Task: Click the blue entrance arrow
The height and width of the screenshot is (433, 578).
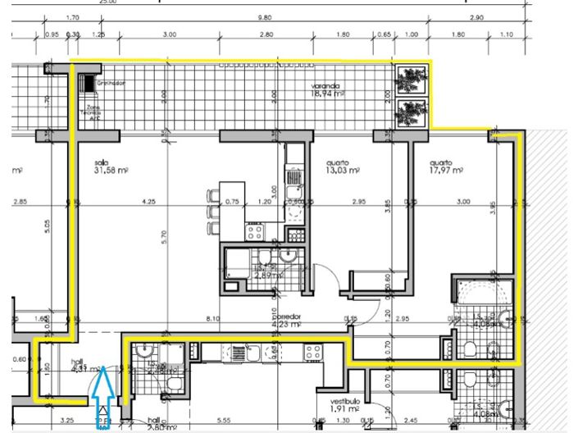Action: pyautogui.click(x=103, y=397)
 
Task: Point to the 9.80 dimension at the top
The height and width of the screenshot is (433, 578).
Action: pyautogui.click(x=264, y=17)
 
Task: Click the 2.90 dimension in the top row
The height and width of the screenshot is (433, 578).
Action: pyautogui.click(x=476, y=17)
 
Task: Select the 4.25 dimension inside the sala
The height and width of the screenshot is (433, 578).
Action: pyautogui.click(x=148, y=201)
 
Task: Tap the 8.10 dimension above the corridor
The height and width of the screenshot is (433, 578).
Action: pyautogui.click(x=214, y=318)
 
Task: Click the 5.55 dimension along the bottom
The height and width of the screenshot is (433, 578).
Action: pyautogui.click(x=223, y=420)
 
